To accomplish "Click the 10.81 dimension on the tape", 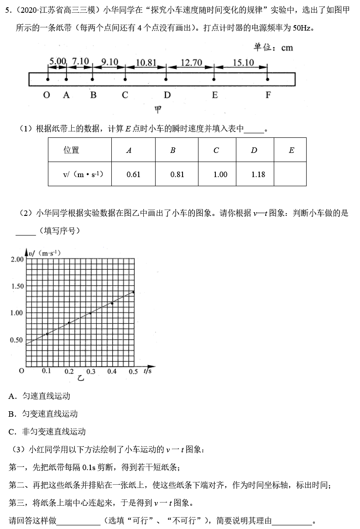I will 146,63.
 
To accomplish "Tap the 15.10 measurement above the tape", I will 243,63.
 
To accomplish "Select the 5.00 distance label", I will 58,61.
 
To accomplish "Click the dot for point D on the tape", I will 166,79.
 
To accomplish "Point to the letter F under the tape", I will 268,95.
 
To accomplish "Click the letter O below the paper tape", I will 47,95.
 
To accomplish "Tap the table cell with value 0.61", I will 133,174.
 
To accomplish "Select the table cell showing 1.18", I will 255,174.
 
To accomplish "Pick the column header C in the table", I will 216,150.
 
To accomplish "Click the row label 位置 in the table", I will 72,150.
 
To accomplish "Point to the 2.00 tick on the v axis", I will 16,259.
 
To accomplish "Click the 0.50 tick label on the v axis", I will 16,340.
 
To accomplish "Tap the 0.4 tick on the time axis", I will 112,372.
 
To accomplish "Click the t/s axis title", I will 147,371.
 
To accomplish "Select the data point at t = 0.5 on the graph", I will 133,292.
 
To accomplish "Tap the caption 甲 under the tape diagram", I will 158,110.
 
